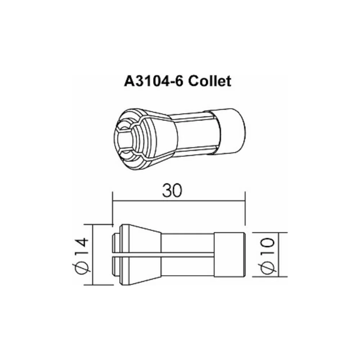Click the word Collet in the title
coord(210,81)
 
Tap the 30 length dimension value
coord(172,190)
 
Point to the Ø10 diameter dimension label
coord(268,256)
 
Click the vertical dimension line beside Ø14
coord(93,255)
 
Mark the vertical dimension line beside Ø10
coord(279,255)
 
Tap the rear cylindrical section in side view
coord(229,255)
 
